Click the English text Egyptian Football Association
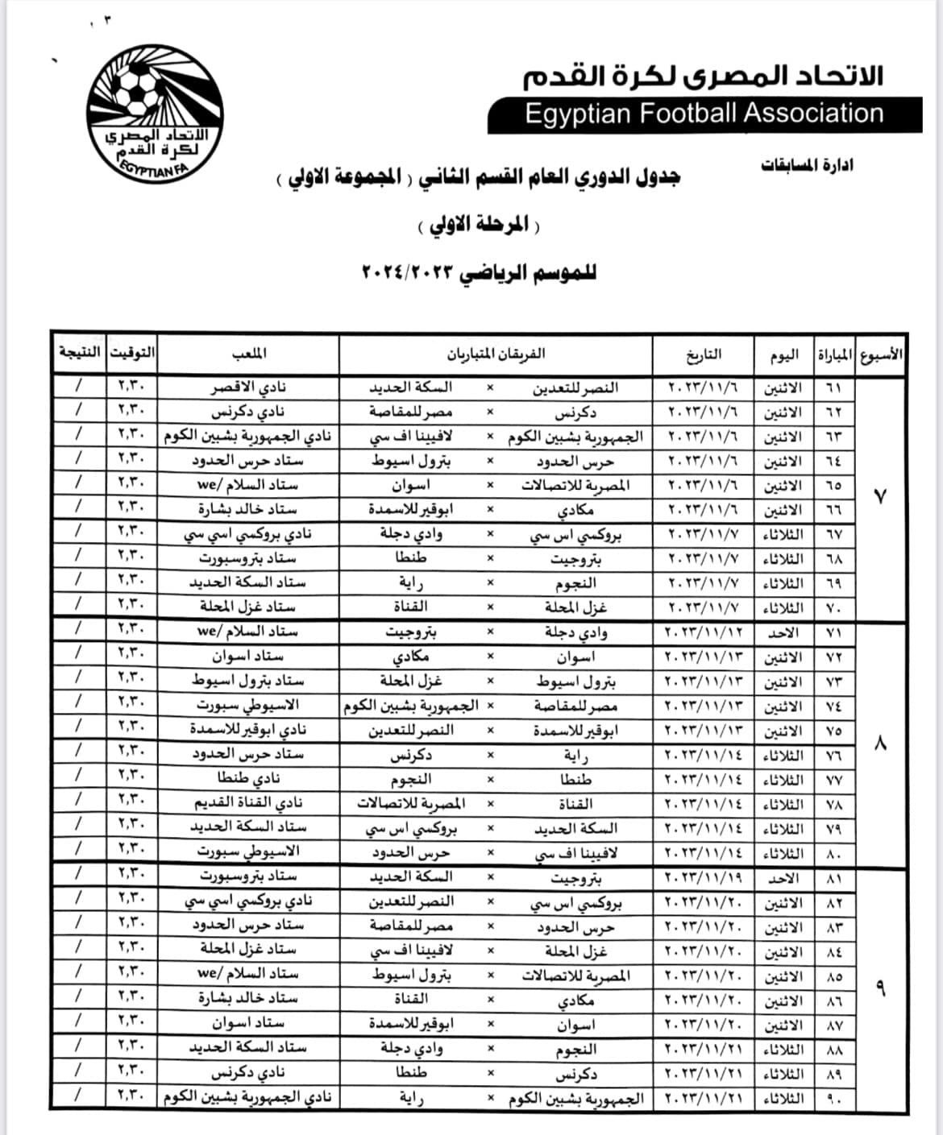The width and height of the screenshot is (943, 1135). coord(704,114)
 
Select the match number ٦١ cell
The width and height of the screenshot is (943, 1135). coord(833,387)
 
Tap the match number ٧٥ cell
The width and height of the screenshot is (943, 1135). coord(833,731)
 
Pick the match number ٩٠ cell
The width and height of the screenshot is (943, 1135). coord(833,1098)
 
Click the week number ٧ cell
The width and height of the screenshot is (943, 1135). coord(880,497)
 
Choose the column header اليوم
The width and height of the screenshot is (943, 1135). coord(783,353)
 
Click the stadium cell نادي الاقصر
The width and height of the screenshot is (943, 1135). coord(248,387)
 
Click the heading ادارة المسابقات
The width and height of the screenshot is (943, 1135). coord(807,165)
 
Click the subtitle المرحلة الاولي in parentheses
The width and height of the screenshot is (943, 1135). coord(479,225)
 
